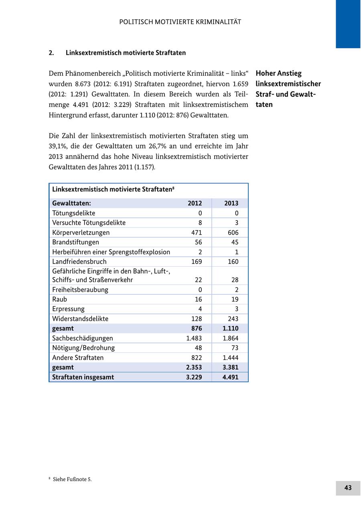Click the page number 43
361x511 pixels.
point(348,488)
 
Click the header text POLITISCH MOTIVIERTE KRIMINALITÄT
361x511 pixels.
point(180,22)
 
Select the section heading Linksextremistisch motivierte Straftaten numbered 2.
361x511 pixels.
point(126,53)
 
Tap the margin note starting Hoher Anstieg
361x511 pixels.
point(288,89)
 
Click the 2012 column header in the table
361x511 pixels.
point(195,203)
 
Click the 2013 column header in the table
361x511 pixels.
point(231,203)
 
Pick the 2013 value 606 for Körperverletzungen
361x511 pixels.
point(232,233)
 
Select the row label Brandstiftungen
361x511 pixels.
point(75,242)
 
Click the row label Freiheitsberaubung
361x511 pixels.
point(80,290)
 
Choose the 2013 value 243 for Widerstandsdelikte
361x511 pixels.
point(232,319)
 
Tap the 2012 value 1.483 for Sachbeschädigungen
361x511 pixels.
point(194,338)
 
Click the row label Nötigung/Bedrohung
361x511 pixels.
point(83,348)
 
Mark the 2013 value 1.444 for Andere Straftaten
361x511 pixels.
point(231,358)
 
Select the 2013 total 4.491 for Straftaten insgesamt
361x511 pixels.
point(231,377)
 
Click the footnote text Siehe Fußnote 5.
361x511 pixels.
point(72,479)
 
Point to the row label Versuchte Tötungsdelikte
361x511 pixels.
point(89,223)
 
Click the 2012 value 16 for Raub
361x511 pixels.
point(198,300)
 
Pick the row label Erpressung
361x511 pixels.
point(68,309)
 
